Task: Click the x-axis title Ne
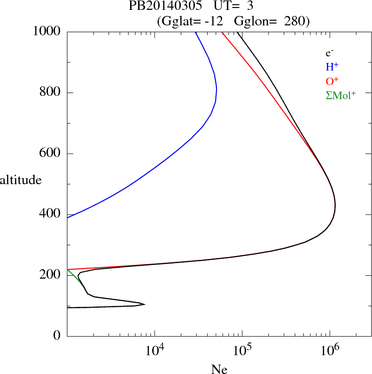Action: click(x=219, y=369)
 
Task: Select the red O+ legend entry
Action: click(x=332, y=81)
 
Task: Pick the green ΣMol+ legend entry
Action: click(x=341, y=95)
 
